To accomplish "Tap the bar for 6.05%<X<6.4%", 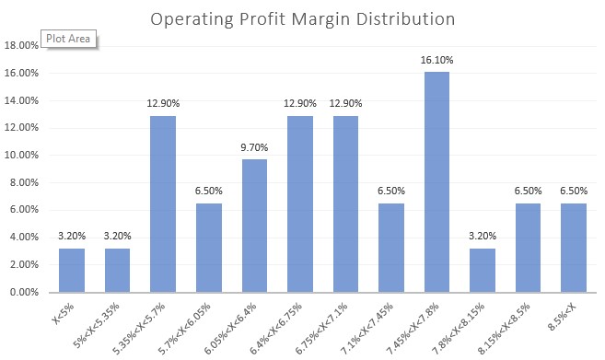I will [254, 226].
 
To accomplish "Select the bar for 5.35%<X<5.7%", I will [162, 203].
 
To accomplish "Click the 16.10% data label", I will [436, 60].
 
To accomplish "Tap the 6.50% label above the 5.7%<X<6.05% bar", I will [208, 191].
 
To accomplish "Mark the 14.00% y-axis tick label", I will [24, 100].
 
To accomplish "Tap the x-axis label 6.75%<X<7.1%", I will [334, 322].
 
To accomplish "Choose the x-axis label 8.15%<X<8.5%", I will [516, 322].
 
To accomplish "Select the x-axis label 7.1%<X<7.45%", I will [378, 322].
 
